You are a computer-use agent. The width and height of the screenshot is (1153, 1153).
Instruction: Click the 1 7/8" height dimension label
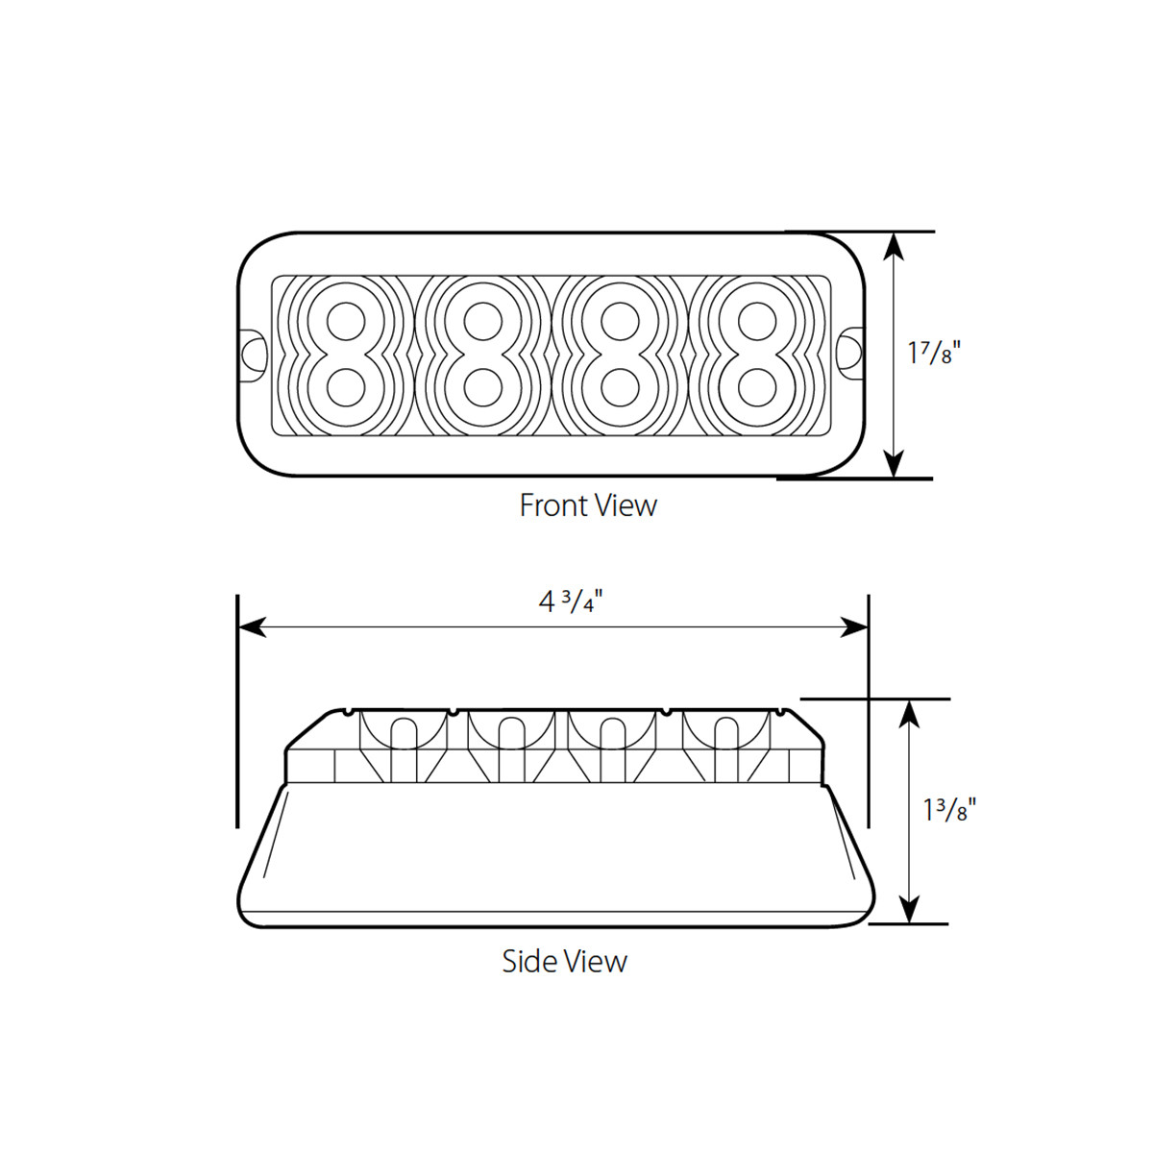click(934, 353)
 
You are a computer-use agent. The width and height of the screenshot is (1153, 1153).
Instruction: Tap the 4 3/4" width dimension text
click(575, 602)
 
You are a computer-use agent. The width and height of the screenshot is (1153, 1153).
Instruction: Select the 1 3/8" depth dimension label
click(949, 810)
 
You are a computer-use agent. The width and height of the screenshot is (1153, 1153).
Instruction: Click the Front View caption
click(588, 505)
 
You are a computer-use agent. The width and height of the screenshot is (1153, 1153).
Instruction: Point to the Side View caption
click(564, 961)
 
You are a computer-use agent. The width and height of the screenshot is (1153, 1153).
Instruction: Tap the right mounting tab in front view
click(850, 353)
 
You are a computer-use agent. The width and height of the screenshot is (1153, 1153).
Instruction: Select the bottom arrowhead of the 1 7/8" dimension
click(894, 463)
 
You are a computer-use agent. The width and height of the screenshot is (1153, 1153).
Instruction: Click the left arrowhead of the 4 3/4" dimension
click(252, 627)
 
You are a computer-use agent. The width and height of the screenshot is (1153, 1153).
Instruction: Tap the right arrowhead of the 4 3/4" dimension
click(854, 627)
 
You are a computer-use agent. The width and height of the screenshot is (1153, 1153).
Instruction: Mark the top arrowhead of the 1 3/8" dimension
click(909, 714)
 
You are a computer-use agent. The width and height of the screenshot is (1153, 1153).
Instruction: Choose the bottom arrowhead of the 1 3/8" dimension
click(909, 909)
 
